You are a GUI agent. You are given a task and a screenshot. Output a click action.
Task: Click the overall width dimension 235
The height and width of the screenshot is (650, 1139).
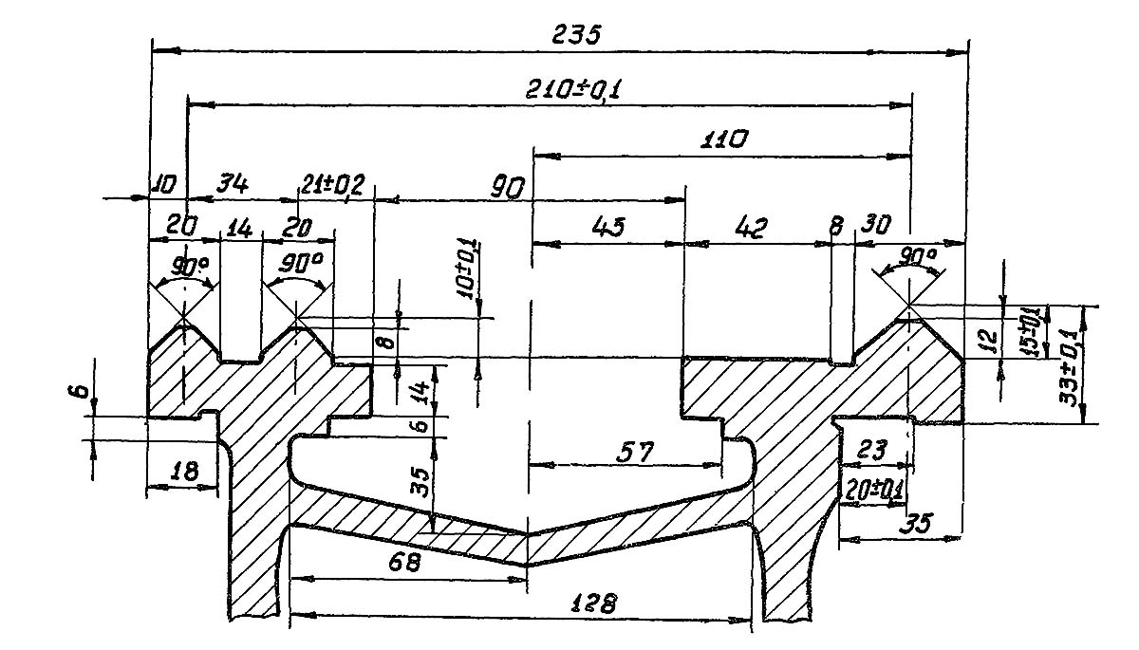pos(576,35)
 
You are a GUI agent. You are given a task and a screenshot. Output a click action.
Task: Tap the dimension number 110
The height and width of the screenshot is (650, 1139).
pos(721,139)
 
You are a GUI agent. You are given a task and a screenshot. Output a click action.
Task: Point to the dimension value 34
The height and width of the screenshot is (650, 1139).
pos(233,185)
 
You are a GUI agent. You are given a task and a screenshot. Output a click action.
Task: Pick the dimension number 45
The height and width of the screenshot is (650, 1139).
pos(608,229)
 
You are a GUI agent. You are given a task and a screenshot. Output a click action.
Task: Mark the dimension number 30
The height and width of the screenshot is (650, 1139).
pos(874,226)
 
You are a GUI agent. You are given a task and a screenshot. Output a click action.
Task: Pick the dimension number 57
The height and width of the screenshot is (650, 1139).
pos(635,455)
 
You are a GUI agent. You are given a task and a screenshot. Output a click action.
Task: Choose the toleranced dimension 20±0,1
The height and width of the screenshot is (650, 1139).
pos(873,490)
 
